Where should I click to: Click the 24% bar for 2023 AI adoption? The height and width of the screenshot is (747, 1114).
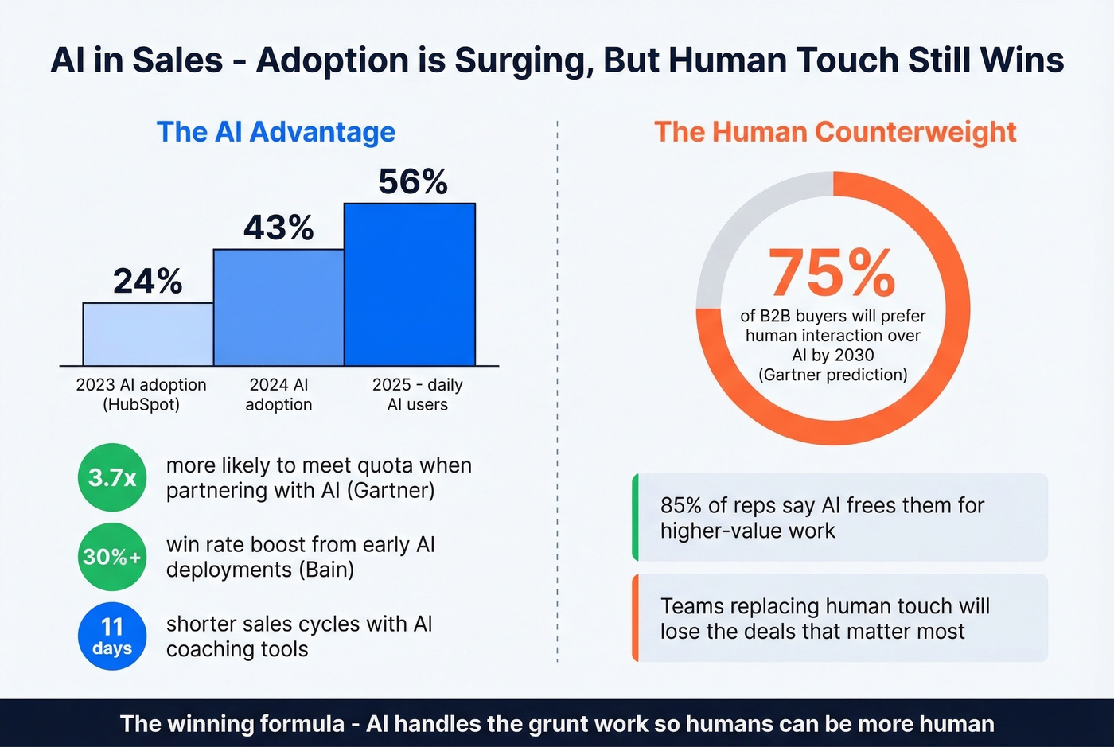tap(148, 334)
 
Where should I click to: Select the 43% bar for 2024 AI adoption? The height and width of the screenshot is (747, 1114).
tap(278, 308)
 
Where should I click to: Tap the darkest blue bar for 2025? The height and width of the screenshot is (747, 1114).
tap(410, 285)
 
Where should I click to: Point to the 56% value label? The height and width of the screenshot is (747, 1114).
tap(412, 181)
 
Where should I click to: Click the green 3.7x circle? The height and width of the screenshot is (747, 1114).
tap(112, 477)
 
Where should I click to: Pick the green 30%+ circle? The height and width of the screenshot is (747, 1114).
tap(112, 557)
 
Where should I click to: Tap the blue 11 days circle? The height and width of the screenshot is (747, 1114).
tap(112, 636)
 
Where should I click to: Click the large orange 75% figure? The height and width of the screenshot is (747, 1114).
tap(832, 273)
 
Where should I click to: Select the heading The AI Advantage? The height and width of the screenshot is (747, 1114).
tap(275, 132)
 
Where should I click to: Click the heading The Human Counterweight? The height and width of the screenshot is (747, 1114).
tap(835, 132)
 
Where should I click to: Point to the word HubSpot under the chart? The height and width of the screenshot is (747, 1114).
tap(141, 405)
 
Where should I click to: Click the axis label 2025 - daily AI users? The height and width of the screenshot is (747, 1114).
tap(417, 395)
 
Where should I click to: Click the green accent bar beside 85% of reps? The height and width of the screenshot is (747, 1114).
tap(636, 517)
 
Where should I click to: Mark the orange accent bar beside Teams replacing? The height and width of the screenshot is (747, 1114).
tap(636, 618)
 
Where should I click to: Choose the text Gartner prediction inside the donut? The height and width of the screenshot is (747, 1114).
tap(833, 375)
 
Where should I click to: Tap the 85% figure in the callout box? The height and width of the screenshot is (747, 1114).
tap(681, 506)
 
